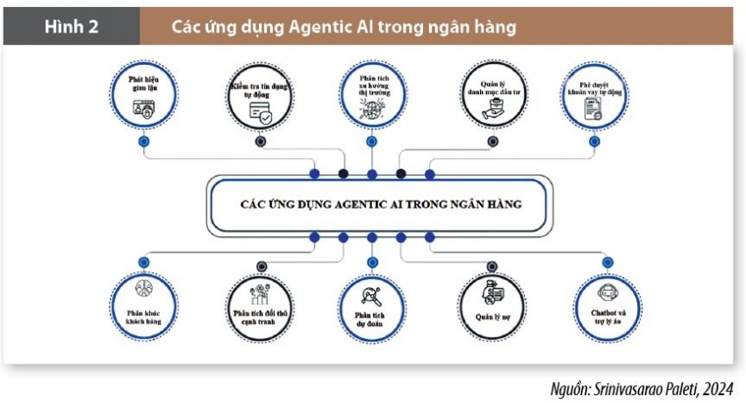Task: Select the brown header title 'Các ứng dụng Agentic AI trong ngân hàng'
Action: coord(343,27)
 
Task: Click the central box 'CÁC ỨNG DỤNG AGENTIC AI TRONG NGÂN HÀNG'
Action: coord(380,204)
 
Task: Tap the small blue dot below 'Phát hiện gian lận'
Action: coord(143,140)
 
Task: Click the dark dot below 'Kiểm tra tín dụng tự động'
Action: coord(260,140)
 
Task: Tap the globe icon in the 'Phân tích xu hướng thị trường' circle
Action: coord(372,112)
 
